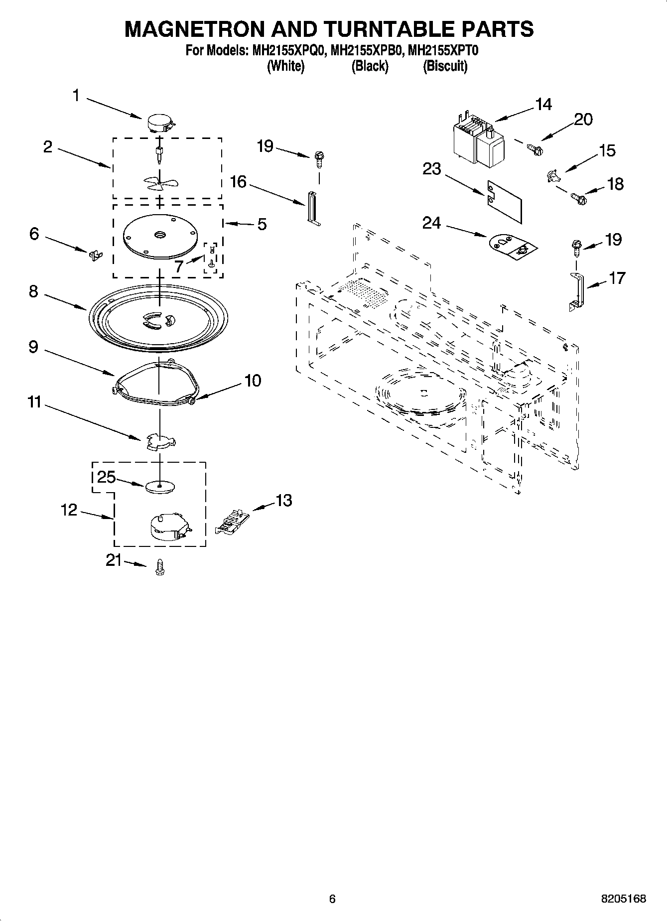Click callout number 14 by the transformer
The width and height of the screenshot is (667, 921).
coord(543,105)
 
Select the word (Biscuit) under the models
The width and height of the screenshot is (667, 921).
coord(445,66)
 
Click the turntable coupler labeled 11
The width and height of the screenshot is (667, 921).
coord(160,441)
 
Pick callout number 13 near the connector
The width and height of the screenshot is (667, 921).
coord(284,500)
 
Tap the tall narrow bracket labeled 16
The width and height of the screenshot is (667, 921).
coord(312,208)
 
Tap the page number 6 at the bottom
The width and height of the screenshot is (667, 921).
coord(333,899)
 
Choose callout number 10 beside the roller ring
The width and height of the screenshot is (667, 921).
coord(253,381)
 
